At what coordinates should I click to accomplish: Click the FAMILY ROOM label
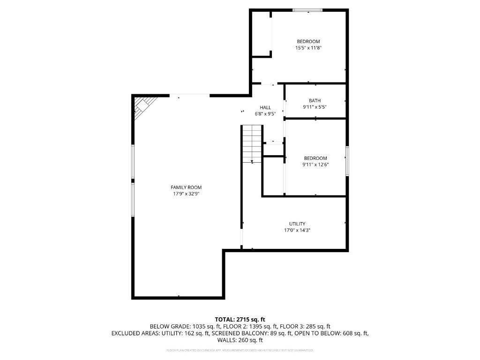(x=186, y=187)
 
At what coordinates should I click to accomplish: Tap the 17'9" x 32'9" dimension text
(x=186, y=194)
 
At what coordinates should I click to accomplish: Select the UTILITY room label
(x=297, y=224)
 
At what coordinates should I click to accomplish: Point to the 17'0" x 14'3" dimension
(x=297, y=230)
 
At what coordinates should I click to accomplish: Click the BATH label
(x=315, y=101)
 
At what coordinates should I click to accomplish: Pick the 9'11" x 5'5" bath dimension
(x=315, y=107)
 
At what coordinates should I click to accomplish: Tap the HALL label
(x=265, y=107)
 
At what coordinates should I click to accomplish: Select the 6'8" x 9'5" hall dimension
(x=265, y=113)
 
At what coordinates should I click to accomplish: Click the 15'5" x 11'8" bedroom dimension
(x=308, y=48)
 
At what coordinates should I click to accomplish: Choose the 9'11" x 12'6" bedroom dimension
(x=315, y=165)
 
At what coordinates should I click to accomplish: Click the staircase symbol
(x=252, y=143)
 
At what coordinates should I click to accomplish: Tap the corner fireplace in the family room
(x=142, y=106)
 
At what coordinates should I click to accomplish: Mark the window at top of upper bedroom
(x=308, y=9)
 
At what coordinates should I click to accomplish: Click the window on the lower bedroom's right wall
(x=347, y=161)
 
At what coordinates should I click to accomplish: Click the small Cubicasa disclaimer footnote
(x=240, y=350)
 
